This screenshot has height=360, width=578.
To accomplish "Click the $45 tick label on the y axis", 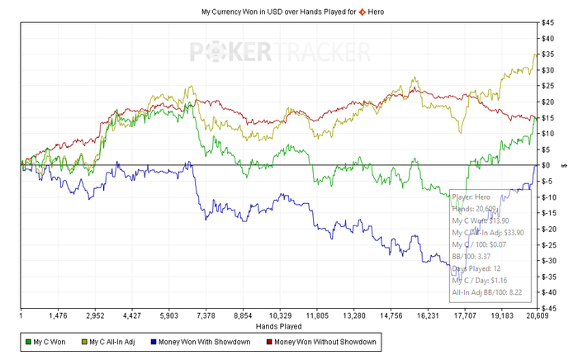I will [x=547, y=21].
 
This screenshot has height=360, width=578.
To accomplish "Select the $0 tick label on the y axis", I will [x=545, y=165].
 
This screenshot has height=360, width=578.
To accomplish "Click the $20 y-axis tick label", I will [x=547, y=102].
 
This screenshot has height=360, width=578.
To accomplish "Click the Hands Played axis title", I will [x=278, y=327].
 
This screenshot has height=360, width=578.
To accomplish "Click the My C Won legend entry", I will [x=47, y=342].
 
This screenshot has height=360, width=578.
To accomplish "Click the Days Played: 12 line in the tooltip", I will [x=476, y=268].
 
